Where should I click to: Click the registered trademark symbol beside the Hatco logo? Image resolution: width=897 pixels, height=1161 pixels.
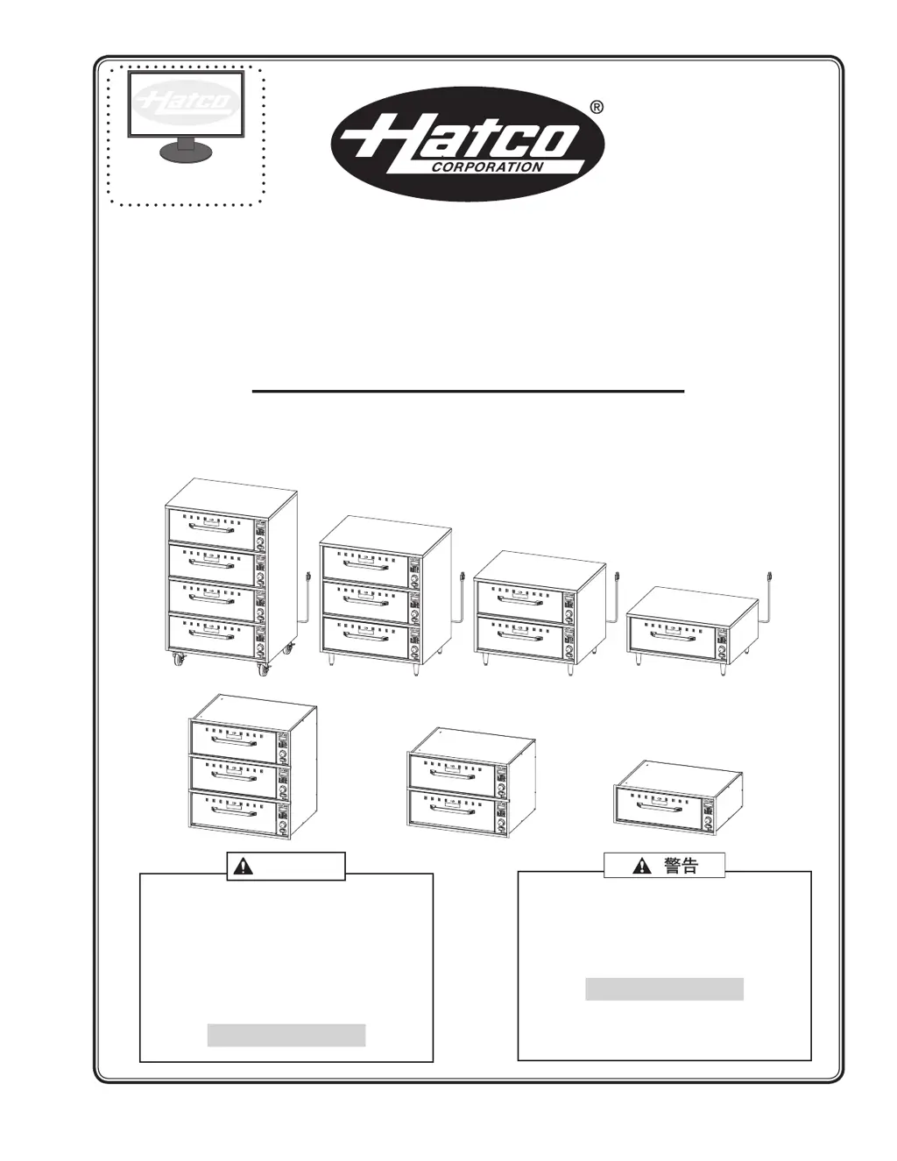pyautogui.click(x=597, y=108)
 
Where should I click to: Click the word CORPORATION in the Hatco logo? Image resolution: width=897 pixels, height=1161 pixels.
pyautogui.click(x=489, y=166)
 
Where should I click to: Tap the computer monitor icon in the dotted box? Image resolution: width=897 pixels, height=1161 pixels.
pyautogui.click(x=185, y=115)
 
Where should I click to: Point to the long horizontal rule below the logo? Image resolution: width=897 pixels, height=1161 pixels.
pyautogui.click(x=468, y=392)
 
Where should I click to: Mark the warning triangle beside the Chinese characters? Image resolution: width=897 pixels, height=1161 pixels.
pyautogui.click(x=642, y=866)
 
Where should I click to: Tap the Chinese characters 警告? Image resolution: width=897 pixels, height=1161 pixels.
pyautogui.click(x=681, y=866)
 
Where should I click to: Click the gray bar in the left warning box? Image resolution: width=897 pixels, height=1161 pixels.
pyautogui.click(x=286, y=1035)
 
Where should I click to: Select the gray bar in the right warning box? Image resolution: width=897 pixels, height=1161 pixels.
pyautogui.click(x=664, y=989)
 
